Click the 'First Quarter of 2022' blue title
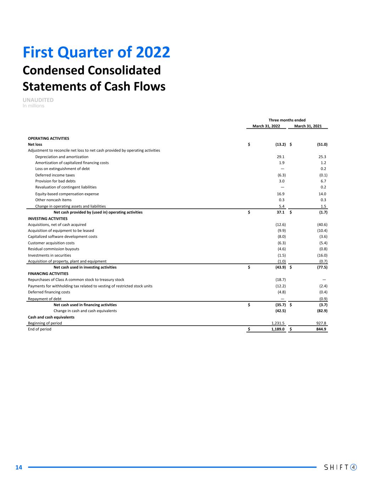point(96,52)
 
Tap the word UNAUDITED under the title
point(38,100)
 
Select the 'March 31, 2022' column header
point(266,126)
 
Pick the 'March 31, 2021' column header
point(308,126)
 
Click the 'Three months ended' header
point(287,120)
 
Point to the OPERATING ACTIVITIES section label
point(49,138)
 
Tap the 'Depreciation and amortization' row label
point(62,157)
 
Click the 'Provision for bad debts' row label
point(55,181)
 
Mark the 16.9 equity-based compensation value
point(280,194)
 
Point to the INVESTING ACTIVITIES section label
point(48,218)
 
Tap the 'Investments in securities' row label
point(49,255)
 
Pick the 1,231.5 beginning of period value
point(278,323)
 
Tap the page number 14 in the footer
point(19,467)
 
